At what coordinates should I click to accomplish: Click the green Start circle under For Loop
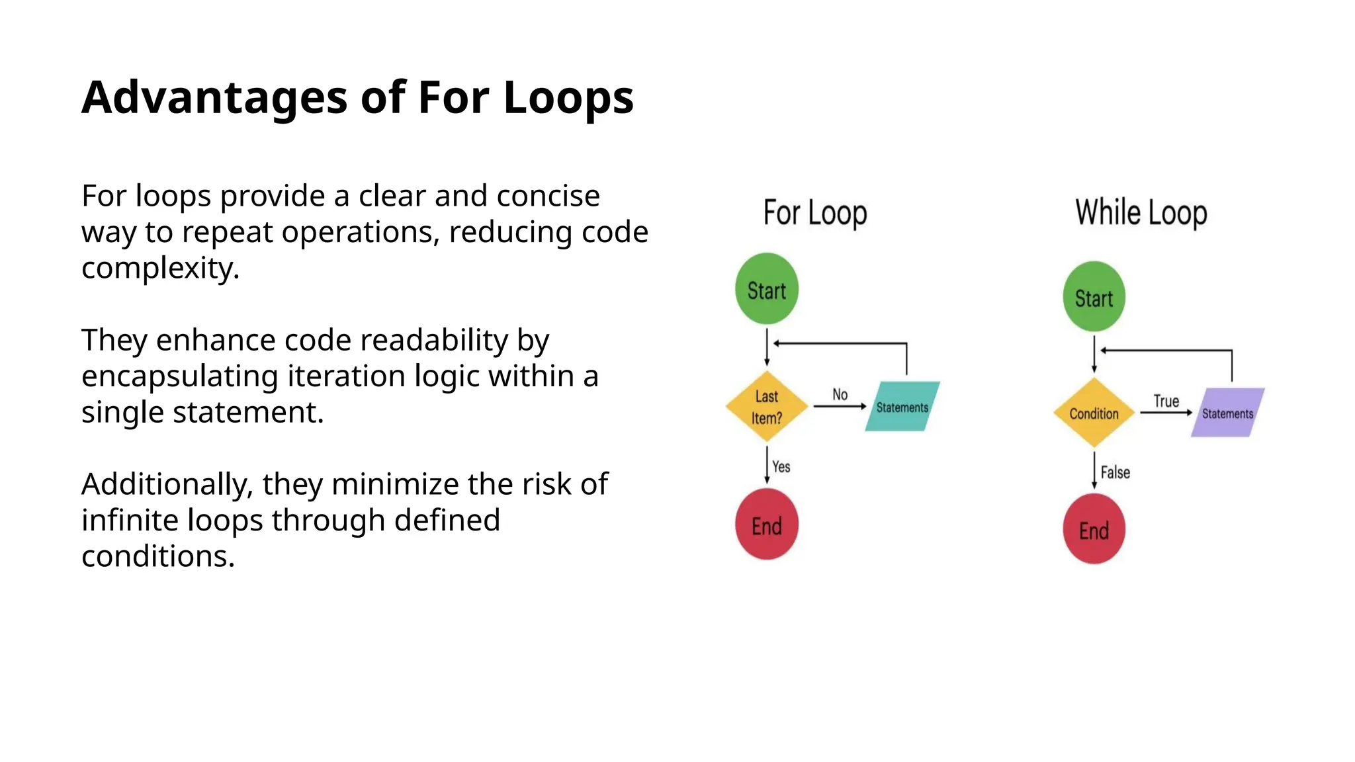coord(767,289)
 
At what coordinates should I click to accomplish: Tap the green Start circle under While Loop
coord(1094,297)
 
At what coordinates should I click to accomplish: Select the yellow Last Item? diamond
coord(767,407)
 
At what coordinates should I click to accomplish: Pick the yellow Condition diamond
coord(1094,413)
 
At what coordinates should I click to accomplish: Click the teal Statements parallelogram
coord(902,407)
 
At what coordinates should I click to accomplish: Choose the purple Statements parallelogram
coord(1227,413)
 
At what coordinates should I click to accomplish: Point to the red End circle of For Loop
coord(767,525)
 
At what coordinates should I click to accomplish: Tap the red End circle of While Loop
coord(1094,529)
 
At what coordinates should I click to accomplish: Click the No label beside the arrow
coord(840,394)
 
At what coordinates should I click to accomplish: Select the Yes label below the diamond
coord(781,467)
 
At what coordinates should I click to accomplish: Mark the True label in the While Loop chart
coord(1166,401)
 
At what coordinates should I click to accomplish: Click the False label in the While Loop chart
coord(1115,472)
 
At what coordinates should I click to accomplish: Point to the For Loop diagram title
coord(815,213)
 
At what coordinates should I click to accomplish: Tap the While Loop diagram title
coord(1141,213)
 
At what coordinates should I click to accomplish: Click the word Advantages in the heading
coord(214,98)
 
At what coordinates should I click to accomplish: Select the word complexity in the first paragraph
coord(159,269)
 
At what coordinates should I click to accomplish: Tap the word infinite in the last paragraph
coord(130,521)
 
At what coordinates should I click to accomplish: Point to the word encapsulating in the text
coord(179,376)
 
